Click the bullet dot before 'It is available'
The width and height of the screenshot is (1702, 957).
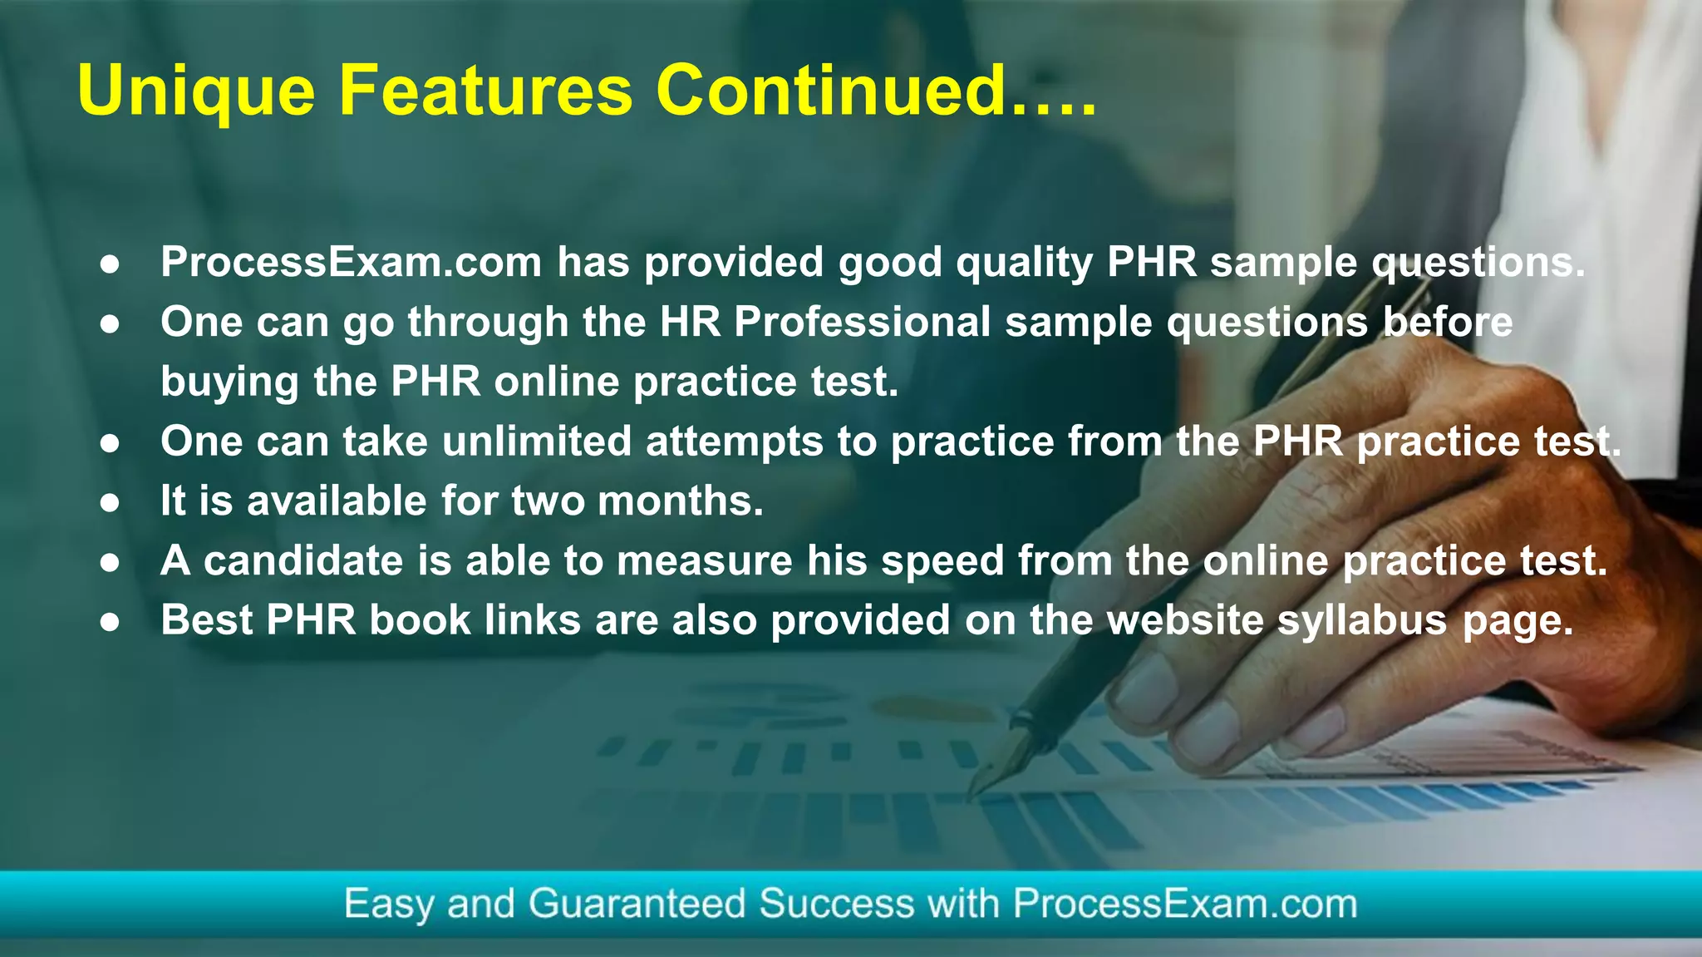click(x=110, y=502)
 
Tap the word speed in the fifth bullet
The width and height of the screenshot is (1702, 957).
click(x=942, y=562)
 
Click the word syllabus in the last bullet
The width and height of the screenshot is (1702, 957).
click(x=1362, y=621)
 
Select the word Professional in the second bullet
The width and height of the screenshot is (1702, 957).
click(x=862, y=322)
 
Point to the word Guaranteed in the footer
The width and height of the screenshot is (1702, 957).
click(x=637, y=904)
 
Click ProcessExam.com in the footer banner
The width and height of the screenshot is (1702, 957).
click(x=1184, y=904)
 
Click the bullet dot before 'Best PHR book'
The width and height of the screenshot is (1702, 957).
click(x=110, y=622)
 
